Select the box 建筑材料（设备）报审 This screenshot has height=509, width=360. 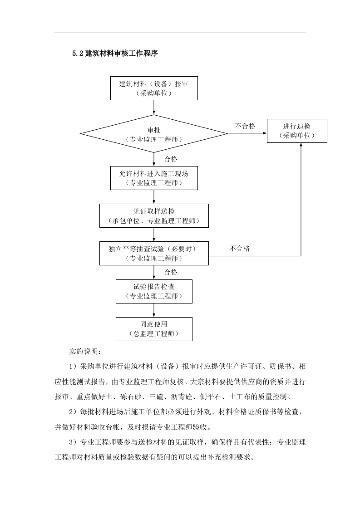click(x=154, y=88)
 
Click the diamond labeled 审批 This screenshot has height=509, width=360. click(x=154, y=134)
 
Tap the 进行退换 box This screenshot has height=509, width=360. click(x=297, y=131)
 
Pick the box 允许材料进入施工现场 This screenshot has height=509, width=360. click(x=154, y=178)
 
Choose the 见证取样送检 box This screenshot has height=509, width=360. click(x=154, y=216)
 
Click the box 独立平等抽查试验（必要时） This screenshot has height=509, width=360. click(x=154, y=253)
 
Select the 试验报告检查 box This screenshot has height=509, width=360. click(x=154, y=291)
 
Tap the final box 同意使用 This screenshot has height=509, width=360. click(x=154, y=329)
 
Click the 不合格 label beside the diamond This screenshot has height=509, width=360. click(x=245, y=126)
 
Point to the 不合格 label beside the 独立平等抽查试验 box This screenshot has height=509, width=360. click(x=240, y=249)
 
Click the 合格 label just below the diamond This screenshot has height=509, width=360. click(x=171, y=159)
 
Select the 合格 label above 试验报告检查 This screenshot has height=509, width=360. click(x=171, y=272)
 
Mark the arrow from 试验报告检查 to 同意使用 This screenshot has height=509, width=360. click(x=154, y=310)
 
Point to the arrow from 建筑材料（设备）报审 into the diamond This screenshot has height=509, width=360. click(x=154, y=108)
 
